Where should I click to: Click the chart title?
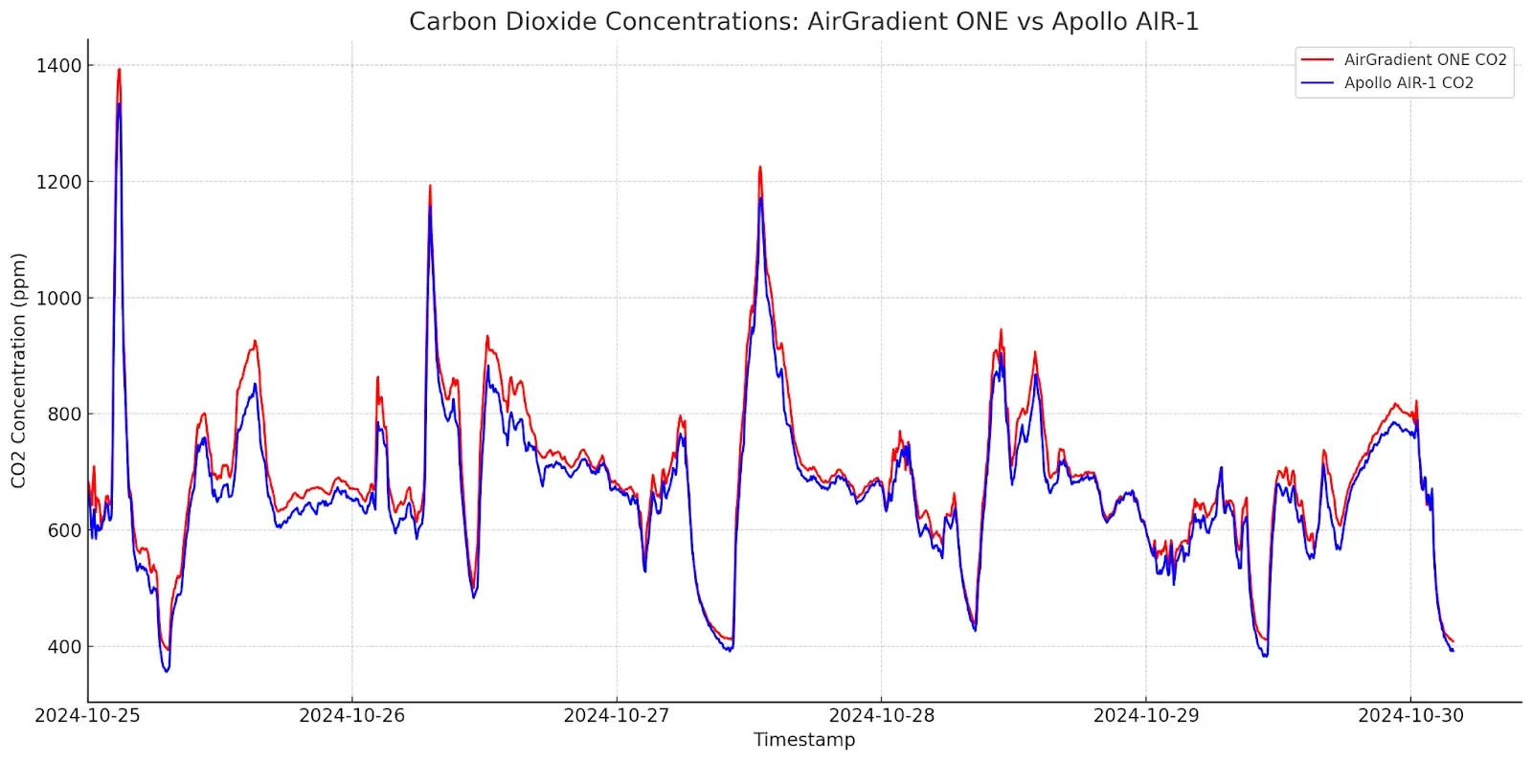803,21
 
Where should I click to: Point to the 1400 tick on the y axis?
58,66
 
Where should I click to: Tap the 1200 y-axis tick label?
58,182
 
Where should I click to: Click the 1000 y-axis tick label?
58,299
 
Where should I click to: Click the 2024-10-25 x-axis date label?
87,716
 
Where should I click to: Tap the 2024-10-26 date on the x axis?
351,716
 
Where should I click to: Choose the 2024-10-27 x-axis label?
617,716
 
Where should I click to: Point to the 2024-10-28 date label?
881,716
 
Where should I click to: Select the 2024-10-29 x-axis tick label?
1146,716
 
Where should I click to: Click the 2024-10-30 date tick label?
1410,716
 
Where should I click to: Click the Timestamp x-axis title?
804,740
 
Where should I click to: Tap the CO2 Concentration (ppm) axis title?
18,370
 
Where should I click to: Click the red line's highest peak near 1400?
119,69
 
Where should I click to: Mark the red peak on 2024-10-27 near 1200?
760,168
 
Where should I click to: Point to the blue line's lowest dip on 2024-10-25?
167,671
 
